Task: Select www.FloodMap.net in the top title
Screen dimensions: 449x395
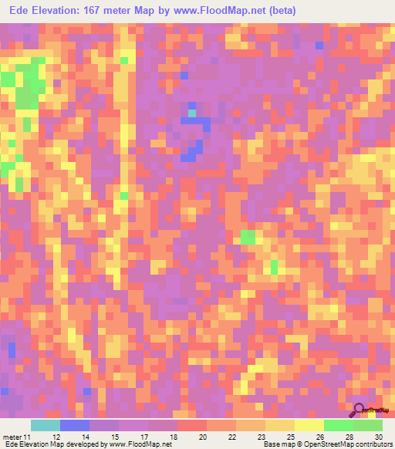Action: pos(211,11)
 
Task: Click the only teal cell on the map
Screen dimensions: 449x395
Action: pos(192,113)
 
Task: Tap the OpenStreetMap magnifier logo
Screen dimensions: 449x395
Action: pos(360,410)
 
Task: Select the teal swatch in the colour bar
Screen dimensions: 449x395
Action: pos(46,426)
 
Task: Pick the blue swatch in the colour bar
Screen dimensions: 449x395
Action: pos(75,426)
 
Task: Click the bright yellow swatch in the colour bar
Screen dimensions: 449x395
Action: pos(309,426)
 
